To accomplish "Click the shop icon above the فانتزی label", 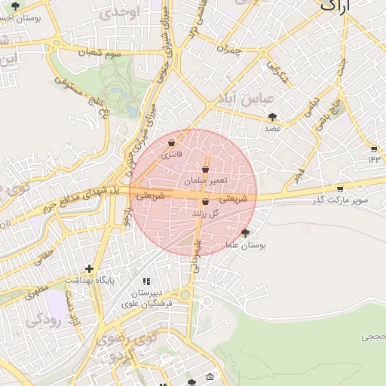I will pyautogui.click(x=172, y=142).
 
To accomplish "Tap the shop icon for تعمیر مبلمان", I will pyautogui.click(x=206, y=170).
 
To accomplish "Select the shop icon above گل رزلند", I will pyautogui.click(x=205, y=201).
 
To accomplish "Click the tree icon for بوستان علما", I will pyautogui.click(x=244, y=233).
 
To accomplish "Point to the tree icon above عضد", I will pyautogui.click(x=272, y=116).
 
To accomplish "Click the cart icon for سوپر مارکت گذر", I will pyautogui.click(x=340, y=188).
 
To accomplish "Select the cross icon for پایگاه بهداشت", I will pyautogui.click(x=90, y=268).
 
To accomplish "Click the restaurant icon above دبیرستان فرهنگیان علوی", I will pyautogui.click(x=146, y=280).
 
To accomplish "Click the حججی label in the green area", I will pyautogui.click(x=372, y=336).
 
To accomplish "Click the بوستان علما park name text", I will pyautogui.click(x=246, y=246).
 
